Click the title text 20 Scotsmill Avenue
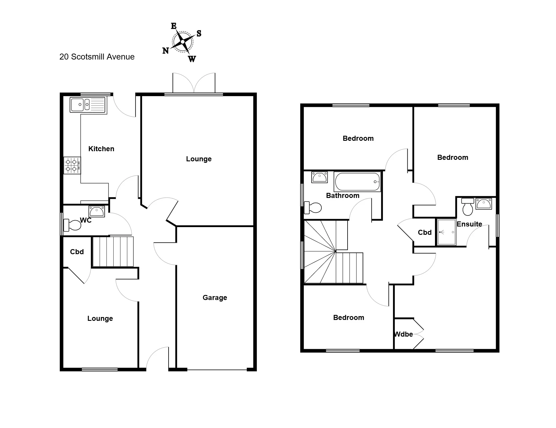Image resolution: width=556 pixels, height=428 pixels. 97,57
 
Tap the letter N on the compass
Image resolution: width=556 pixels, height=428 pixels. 166,51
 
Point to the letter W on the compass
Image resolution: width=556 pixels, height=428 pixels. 192,59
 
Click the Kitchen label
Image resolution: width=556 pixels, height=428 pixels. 101,149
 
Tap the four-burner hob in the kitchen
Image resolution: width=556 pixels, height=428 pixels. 72,165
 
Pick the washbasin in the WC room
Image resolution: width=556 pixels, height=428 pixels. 97,211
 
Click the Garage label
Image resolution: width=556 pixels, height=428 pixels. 215,298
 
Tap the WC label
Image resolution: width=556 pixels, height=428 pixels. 86,220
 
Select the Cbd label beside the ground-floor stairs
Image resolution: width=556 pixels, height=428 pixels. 77,252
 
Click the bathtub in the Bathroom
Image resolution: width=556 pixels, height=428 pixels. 357,182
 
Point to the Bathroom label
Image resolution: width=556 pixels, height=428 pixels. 343,196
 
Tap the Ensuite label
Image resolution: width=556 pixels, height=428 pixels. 469,224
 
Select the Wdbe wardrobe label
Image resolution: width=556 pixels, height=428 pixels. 403,334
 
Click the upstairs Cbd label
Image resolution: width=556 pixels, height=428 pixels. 425,232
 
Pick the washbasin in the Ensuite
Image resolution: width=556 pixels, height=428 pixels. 484,204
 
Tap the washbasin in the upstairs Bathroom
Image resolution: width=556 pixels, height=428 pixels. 319,177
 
